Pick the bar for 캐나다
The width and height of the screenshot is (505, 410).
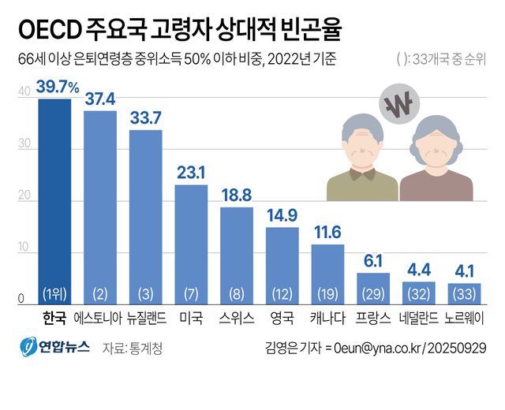(x=327, y=272)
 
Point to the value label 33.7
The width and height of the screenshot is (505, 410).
(x=145, y=117)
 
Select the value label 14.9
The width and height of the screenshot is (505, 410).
(x=282, y=214)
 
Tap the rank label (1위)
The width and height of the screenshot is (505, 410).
(x=54, y=294)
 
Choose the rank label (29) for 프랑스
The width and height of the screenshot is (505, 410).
(x=372, y=294)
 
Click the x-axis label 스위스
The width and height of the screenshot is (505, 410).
(x=236, y=319)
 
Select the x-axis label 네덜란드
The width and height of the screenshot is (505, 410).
(x=418, y=319)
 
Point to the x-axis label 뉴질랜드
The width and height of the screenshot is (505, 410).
(x=145, y=319)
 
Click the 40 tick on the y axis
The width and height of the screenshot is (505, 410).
(x=24, y=92)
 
